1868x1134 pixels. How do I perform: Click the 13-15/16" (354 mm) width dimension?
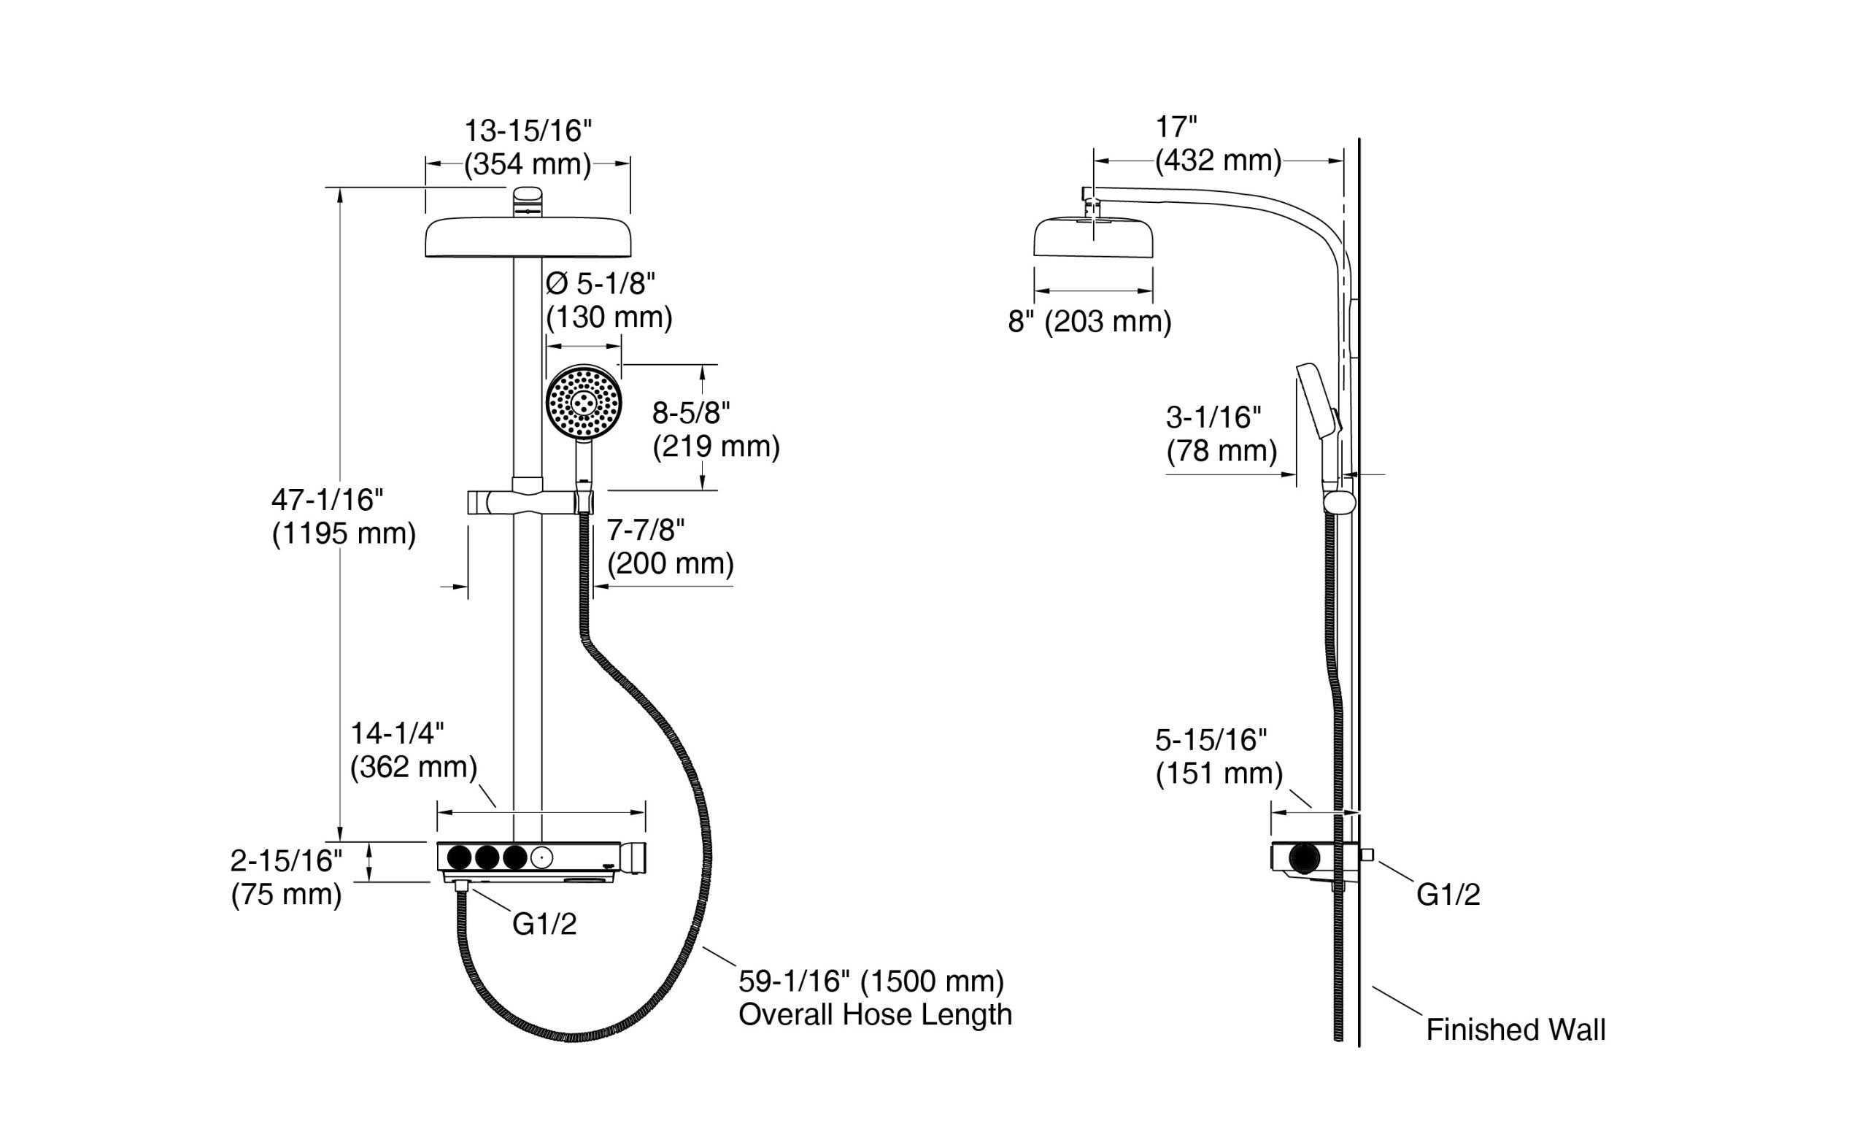click(x=528, y=147)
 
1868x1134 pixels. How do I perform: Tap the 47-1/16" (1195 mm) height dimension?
click(x=344, y=517)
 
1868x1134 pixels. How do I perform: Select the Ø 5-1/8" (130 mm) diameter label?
click(x=609, y=300)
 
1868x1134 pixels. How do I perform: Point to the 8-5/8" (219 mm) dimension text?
click(x=716, y=430)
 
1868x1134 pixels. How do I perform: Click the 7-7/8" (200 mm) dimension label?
click(x=670, y=547)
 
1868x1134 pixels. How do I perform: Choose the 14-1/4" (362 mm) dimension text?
click(x=413, y=750)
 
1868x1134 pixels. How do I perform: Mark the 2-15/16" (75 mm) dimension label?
click(x=287, y=878)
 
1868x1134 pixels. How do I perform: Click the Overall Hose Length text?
click(x=875, y=1014)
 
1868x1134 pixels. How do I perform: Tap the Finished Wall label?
click(x=1516, y=1030)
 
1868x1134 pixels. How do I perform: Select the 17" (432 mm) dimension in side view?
click(x=1218, y=144)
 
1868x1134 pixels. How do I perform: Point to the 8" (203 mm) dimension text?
click(x=1089, y=322)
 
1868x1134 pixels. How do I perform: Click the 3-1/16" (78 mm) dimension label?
click(x=1221, y=434)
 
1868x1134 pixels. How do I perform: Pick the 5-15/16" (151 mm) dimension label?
click(x=1219, y=757)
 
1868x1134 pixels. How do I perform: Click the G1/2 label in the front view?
click(x=544, y=924)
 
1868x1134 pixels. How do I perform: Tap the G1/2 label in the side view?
click(x=1448, y=895)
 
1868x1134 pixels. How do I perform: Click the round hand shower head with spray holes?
click(x=584, y=403)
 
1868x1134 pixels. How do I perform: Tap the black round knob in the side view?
click(x=1304, y=858)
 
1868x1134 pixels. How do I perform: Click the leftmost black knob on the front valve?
click(x=460, y=857)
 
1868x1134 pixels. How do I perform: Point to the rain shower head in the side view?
click(x=1093, y=237)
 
